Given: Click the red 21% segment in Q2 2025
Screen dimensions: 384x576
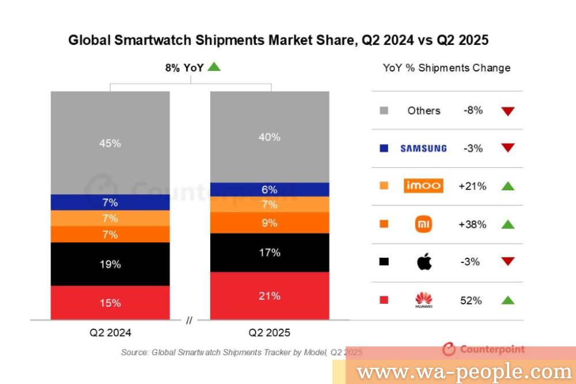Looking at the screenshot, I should pyautogui.click(x=270, y=296).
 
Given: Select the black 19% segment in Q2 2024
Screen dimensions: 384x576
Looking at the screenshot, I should pyautogui.click(x=110, y=264).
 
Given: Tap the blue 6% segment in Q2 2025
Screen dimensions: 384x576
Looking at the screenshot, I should pyautogui.click(x=270, y=190).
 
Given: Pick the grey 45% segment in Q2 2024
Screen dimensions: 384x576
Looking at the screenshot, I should pyautogui.click(x=110, y=143).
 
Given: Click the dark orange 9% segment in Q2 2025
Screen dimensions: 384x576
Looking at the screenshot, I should pyautogui.click(x=270, y=223).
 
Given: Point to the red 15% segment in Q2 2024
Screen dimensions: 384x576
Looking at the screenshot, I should pyautogui.click(x=110, y=303).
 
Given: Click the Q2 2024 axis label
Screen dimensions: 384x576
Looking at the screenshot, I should pyautogui.click(x=110, y=333).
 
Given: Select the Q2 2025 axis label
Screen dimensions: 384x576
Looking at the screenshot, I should pyautogui.click(x=270, y=333).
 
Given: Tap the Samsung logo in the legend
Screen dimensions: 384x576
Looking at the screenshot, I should pyautogui.click(x=423, y=148).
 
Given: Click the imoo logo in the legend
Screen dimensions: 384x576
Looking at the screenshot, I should pyautogui.click(x=423, y=186).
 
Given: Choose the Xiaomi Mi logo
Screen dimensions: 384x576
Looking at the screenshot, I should pyautogui.click(x=423, y=224).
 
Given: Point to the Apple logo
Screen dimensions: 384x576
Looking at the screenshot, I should pyautogui.click(x=424, y=261).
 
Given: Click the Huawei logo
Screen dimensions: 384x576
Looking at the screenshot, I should pyautogui.click(x=423, y=300).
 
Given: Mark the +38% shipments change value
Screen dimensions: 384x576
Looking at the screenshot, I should pyautogui.click(x=472, y=224).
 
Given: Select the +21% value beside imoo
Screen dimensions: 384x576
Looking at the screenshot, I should pyautogui.click(x=472, y=186).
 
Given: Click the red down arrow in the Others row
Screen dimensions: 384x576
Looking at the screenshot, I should pyautogui.click(x=507, y=111).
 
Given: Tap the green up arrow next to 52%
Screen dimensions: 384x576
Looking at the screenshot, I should pyautogui.click(x=507, y=300).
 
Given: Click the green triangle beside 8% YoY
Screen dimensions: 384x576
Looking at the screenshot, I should pyautogui.click(x=214, y=67).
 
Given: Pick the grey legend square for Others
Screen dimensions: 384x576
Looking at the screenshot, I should pyautogui.click(x=384, y=110).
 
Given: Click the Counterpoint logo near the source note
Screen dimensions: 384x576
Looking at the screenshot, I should pyautogui.click(x=484, y=349).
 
